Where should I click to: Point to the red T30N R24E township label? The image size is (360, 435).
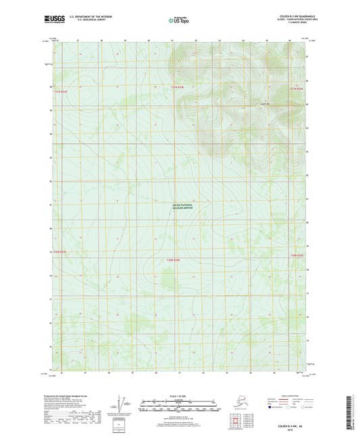click(x=174, y=259)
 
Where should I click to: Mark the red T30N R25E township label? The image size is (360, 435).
click(x=297, y=255)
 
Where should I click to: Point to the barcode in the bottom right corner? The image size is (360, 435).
click(x=353, y=408)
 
